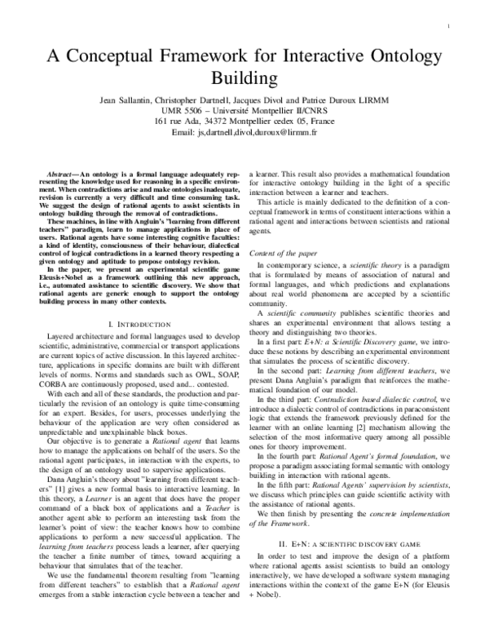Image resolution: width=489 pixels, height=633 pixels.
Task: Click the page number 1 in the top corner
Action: pos(451,26)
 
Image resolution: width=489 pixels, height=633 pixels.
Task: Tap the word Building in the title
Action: pos(244,79)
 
